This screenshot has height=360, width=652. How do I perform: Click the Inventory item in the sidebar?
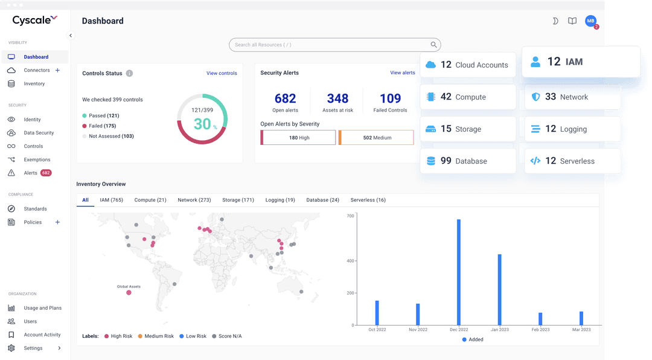34,84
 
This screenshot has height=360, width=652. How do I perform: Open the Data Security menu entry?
39,133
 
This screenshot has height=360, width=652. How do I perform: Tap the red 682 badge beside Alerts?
46,173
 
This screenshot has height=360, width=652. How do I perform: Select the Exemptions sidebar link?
37,160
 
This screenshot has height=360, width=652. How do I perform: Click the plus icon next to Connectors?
58,71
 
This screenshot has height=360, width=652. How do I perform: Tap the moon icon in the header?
555,21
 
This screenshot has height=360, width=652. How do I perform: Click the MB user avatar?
590,21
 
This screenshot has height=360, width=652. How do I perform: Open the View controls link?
222,74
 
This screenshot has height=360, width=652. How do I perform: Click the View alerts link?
403,73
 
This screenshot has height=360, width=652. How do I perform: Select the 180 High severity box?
298,138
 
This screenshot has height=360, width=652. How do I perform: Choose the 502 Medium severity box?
376,138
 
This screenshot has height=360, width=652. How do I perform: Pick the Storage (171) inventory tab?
238,200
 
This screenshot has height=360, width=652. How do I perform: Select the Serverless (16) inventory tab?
368,200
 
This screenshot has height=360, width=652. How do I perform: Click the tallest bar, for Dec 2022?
459,272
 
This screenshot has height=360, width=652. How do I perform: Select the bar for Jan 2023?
500,290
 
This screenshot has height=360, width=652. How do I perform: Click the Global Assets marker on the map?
129,293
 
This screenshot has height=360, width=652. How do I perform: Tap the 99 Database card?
468,161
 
